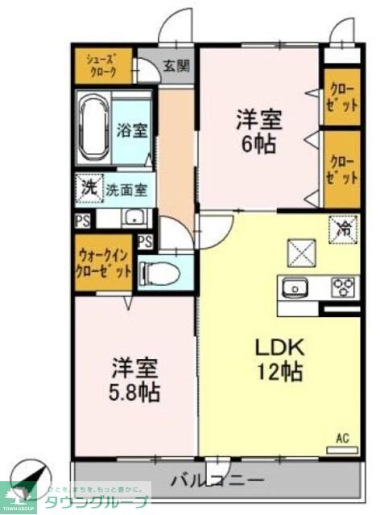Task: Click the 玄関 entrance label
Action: [x=177, y=66]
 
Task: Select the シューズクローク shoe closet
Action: [x=103, y=65]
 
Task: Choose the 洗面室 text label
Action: [x=127, y=191]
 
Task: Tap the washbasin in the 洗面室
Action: [x=134, y=217]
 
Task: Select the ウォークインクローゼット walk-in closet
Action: [x=103, y=262]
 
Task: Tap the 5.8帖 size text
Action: [x=134, y=392]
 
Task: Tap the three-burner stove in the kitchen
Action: [x=343, y=286]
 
